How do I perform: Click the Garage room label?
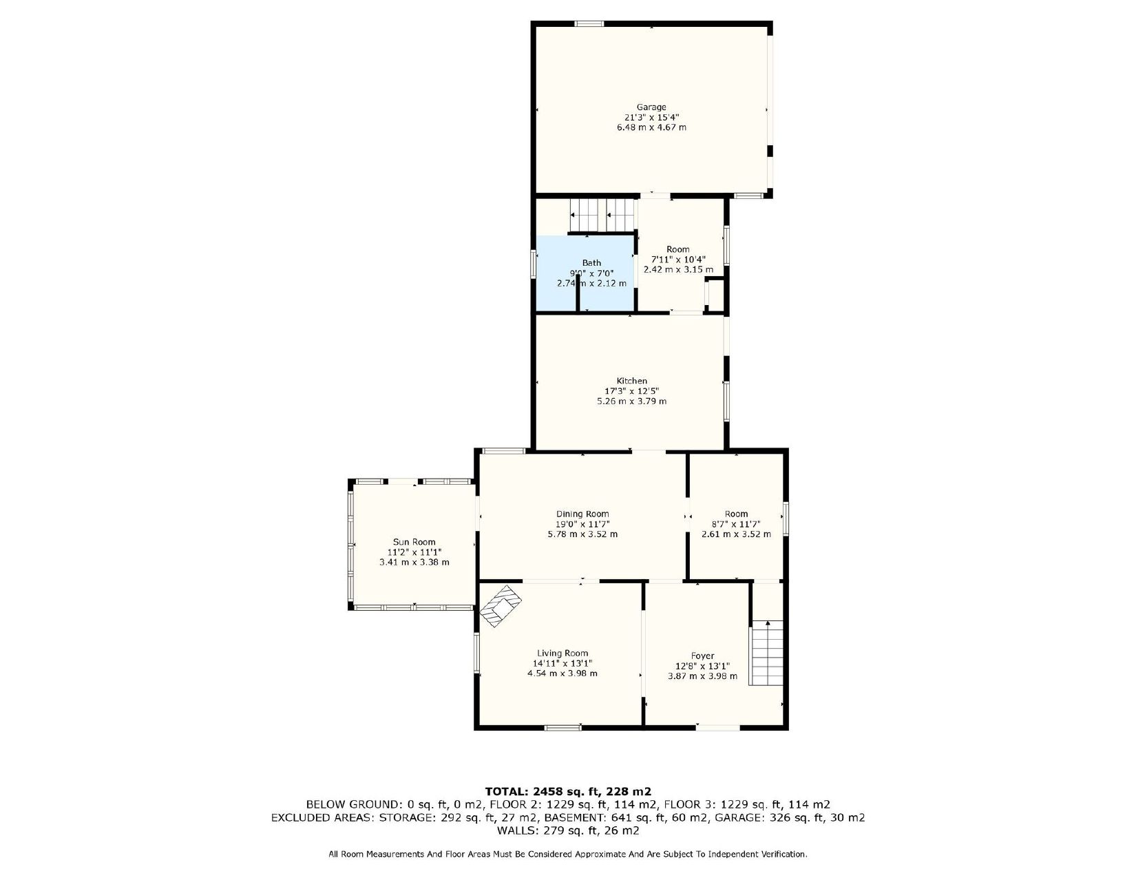pos(651,107)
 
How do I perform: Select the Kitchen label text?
pos(632,381)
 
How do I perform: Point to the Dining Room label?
pos(582,514)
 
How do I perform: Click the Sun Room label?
pos(414,542)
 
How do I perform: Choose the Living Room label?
pos(562,653)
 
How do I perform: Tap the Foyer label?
pos(703,656)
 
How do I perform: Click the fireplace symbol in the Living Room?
pos(501,606)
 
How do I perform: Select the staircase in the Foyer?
pos(767,653)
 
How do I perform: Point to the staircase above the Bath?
pos(602,215)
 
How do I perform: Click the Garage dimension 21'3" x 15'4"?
pos(651,118)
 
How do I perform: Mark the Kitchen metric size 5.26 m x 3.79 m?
pos(632,401)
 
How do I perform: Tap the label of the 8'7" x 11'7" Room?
pos(736,514)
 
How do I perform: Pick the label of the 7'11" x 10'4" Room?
pos(678,249)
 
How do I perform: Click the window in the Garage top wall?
pos(589,23)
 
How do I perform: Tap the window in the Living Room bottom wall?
pos(562,727)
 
